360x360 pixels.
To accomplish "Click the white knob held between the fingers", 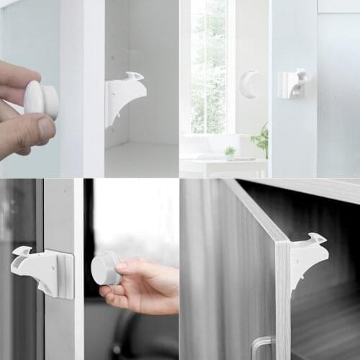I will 40,99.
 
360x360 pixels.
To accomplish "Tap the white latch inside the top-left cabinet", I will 124,96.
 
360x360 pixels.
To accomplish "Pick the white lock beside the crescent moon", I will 292,84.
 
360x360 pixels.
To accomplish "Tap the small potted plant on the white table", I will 230,153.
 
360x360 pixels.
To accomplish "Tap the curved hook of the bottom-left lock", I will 21,253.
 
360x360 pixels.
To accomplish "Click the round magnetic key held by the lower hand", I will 105,268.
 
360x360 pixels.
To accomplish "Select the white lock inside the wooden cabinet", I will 307,257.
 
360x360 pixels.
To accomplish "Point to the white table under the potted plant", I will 223,167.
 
